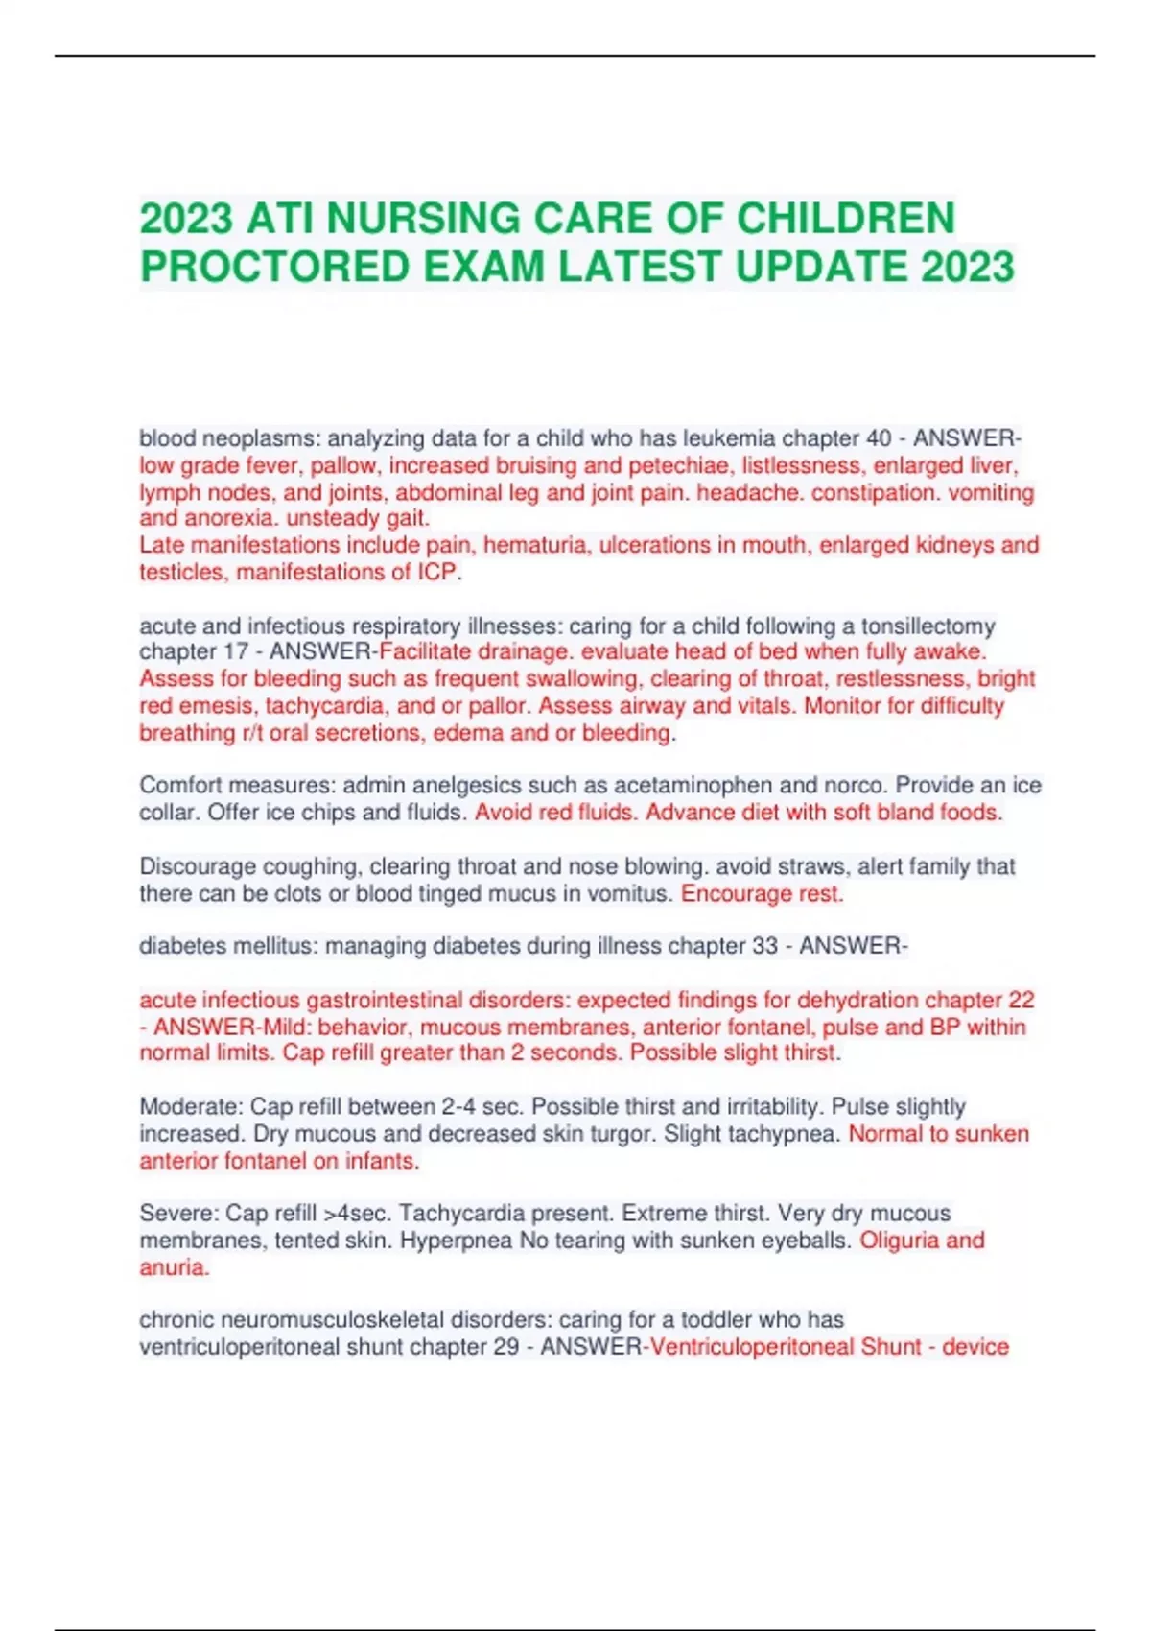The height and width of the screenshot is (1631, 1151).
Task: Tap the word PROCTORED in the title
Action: tap(274, 267)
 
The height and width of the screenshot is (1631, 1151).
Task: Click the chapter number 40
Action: tap(879, 438)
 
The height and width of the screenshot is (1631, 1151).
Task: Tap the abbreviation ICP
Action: tap(436, 573)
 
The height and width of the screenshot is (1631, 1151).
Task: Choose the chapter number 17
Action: tap(235, 652)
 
